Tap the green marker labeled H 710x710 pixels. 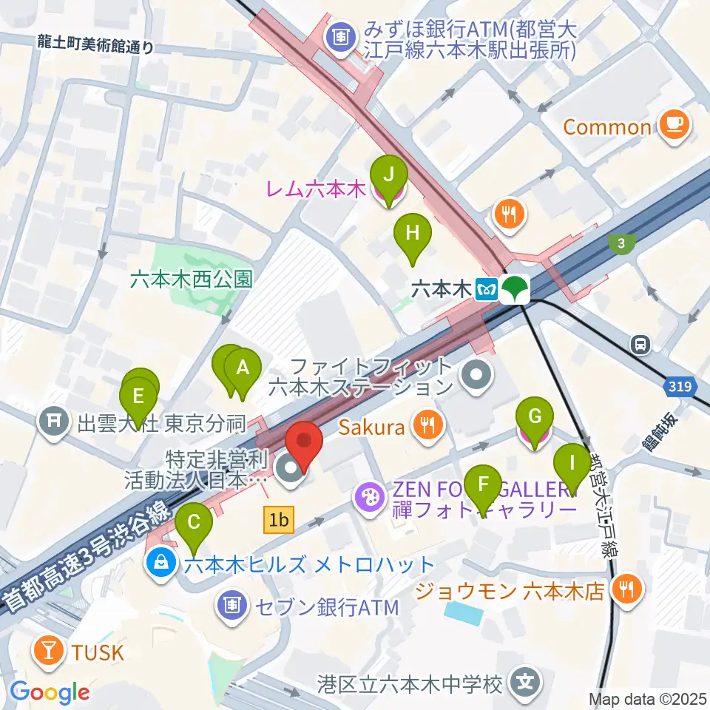413,235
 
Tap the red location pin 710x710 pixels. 305,444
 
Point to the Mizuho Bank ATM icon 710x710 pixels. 341,35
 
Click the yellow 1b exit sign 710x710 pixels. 279,521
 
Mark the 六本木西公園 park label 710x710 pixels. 191,279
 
